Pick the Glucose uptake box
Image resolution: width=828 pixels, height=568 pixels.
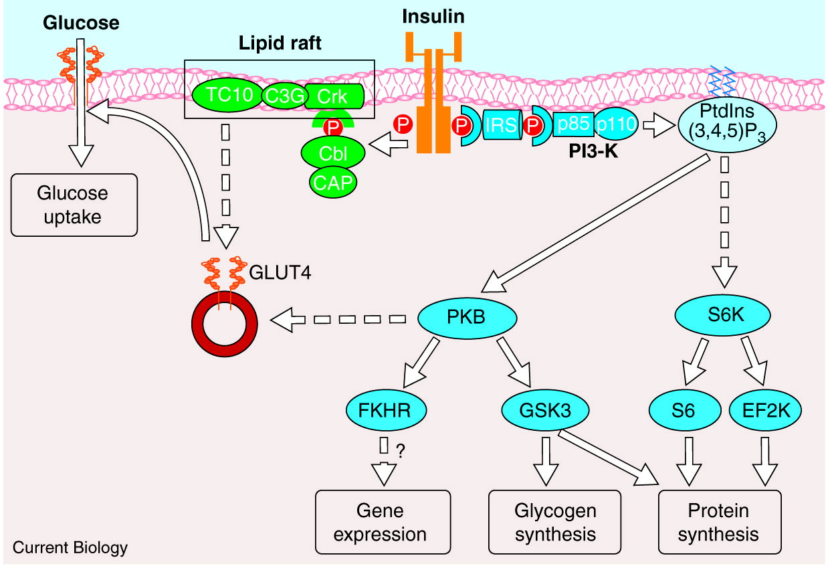click(x=74, y=205)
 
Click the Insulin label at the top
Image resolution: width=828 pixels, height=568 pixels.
click(x=433, y=17)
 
